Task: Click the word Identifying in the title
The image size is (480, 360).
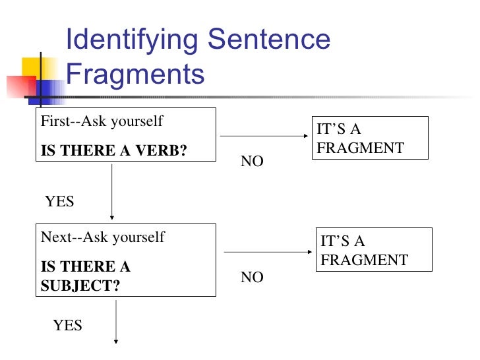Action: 132,40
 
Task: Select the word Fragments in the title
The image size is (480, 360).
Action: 136,74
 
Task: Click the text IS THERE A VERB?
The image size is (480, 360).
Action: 114,150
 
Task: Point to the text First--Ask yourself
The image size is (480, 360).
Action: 102,122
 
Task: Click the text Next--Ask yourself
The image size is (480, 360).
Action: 103,237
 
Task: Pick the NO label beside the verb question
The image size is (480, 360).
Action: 252,162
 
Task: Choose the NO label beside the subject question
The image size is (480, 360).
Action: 252,278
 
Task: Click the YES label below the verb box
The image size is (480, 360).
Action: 59,202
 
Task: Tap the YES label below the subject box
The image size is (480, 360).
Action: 67,325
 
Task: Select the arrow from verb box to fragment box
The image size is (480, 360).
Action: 264,136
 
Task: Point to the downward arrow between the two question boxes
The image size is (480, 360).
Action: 112,191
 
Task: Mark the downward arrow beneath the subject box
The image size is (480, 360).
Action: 117,321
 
